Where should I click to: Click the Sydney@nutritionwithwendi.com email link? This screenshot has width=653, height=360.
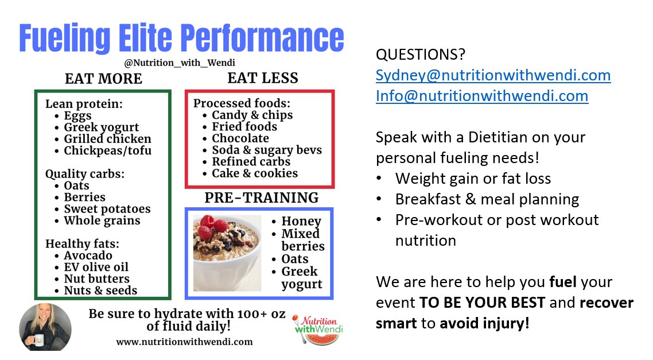tap(493, 75)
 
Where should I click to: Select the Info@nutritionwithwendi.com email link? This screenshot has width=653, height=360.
tap(482, 95)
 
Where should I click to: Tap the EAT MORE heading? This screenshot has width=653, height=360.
tap(103, 79)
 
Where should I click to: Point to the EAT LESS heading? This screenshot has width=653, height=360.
tap(263, 78)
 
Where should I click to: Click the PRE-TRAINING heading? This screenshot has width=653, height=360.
tap(261, 198)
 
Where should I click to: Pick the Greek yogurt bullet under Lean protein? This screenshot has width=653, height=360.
tap(102, 127)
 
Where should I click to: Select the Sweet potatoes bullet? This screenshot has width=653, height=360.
tap(107, 209)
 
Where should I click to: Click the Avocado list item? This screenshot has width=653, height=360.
tap(88, 256)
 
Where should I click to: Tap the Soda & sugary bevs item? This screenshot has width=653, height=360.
tap(267, 150)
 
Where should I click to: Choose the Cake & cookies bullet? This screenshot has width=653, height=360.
tap(255, 173)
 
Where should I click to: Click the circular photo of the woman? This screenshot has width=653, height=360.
tap(45, 327)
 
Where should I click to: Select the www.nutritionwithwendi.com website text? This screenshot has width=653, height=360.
tap(184, 342)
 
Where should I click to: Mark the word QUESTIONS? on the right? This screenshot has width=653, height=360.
tap(421, 55)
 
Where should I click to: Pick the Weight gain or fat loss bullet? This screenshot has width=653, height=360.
tap(473, 179)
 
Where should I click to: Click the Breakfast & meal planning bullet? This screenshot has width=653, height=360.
tap(487, 199)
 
